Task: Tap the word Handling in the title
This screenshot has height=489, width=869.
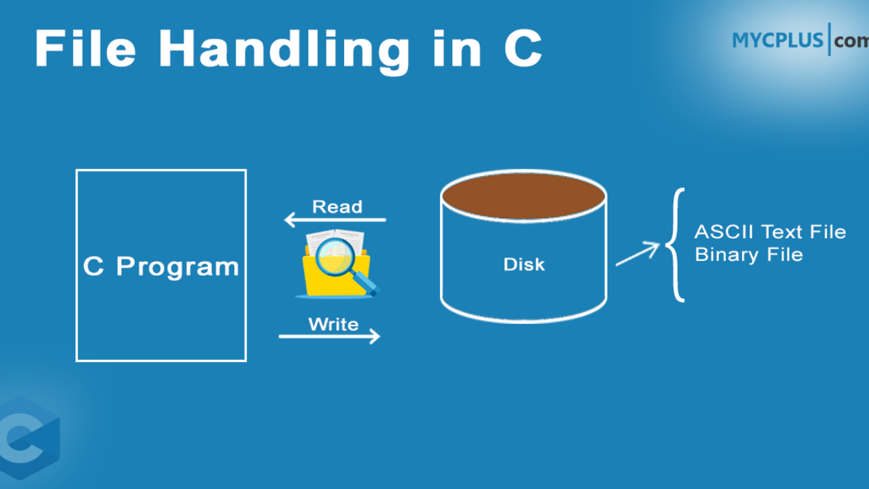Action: click(284, 52)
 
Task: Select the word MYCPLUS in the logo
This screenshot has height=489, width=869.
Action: click(777, 40)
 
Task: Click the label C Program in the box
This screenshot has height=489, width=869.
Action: click(161, 267)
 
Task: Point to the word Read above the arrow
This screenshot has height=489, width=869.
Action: click(337, 207)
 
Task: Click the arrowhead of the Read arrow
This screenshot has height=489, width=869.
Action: click(290, 219)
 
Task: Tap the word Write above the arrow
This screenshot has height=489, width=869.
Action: click(333, 324)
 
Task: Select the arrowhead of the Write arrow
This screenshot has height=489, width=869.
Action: click(374, 336)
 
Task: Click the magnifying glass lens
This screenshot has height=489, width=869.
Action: click(335, 257)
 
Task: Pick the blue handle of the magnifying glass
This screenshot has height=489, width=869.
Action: click(366, 284)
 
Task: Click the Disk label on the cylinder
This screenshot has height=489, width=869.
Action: click(524, 265)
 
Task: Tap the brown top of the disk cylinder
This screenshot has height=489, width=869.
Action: click(523, 196)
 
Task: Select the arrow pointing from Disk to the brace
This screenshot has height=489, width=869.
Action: click(637, 254)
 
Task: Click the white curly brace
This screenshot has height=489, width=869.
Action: click(675, 245)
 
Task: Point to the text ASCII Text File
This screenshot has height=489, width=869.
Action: click(770, 232)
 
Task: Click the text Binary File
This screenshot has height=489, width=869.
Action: click(749, 255)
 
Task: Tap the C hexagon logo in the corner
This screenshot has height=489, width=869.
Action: click(27, 438)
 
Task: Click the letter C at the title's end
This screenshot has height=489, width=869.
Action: click(523, 49)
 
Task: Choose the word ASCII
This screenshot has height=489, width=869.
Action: click(724, 232)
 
